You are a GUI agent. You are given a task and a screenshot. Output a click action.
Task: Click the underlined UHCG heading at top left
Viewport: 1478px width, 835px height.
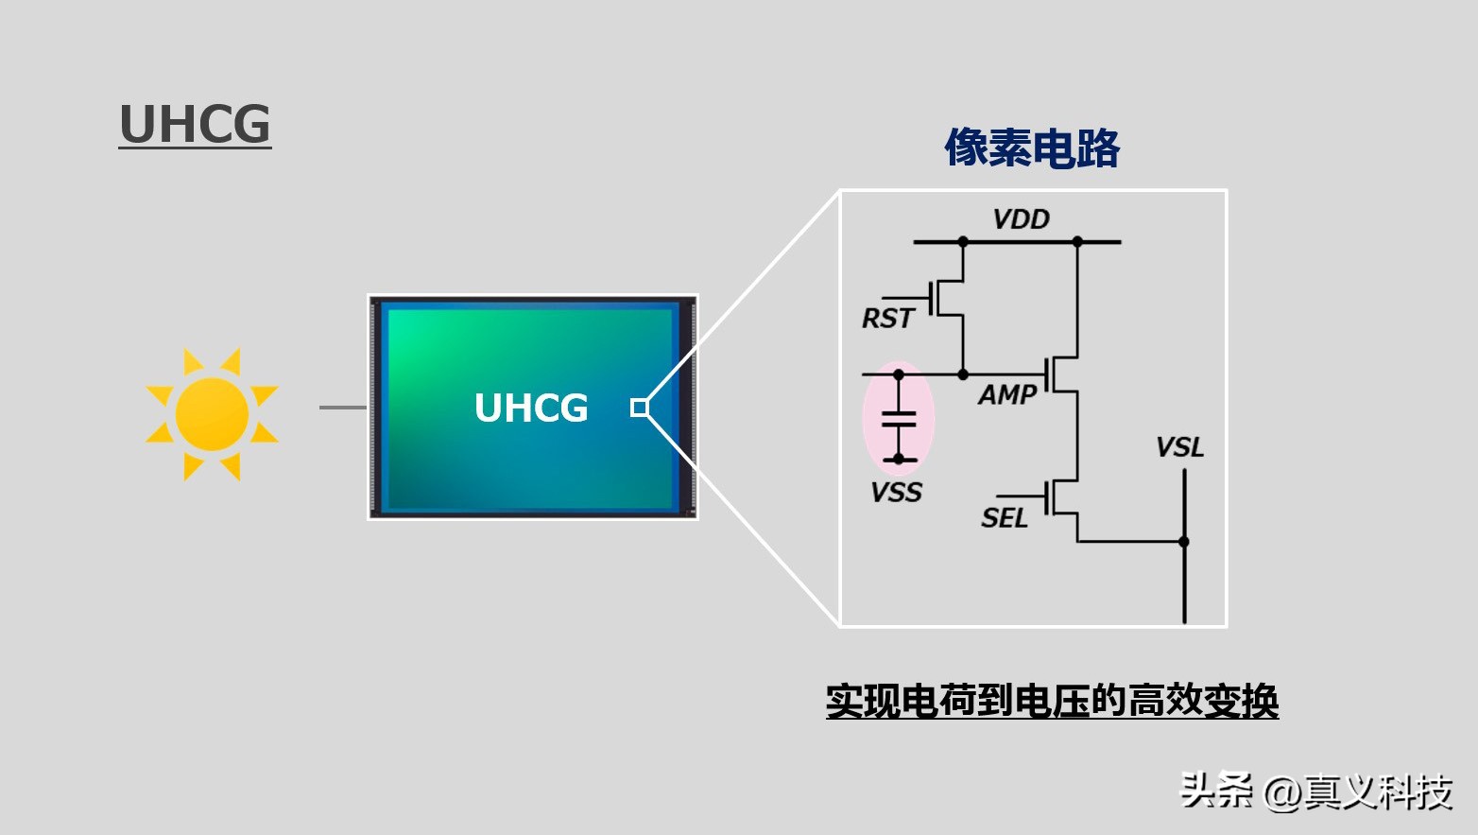pos(195,125)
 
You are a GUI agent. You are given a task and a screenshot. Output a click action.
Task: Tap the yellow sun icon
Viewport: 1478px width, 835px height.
pos(212,414)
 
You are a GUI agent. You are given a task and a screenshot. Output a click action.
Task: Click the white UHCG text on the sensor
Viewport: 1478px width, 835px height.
pos(531,408)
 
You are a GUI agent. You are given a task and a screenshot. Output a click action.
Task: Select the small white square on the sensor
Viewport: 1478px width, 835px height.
pos(640,408)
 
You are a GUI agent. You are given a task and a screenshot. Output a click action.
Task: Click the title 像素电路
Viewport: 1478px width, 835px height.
pos(1032,148)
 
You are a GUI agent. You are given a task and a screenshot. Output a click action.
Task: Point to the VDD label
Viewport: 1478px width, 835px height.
pos(1021,219)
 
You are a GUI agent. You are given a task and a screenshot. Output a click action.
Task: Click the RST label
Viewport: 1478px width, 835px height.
pos(887,319)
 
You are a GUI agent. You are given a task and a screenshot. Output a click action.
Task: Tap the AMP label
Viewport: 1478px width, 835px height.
pos(1007,394)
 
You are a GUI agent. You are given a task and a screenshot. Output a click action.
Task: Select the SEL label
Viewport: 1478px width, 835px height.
pos(1004,518)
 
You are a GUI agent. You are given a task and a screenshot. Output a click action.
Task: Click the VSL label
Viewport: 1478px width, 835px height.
pos(1179,447)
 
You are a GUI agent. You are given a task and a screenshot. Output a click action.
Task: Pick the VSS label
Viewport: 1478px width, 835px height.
pos(896,493)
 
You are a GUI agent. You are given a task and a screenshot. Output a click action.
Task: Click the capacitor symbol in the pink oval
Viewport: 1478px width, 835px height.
pos(899,419)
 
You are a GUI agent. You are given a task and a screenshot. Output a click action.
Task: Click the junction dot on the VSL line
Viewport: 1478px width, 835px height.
pos(1184,542)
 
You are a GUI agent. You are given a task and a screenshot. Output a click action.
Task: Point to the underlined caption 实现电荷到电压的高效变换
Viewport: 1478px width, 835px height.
pos(1052,702)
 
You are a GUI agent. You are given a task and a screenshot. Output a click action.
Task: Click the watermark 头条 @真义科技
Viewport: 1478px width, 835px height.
pos(1315,791)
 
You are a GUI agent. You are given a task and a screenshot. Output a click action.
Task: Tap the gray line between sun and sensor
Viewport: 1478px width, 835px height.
pos(343,408)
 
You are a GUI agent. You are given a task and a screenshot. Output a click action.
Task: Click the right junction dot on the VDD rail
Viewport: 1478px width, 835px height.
pos(1077,242)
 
